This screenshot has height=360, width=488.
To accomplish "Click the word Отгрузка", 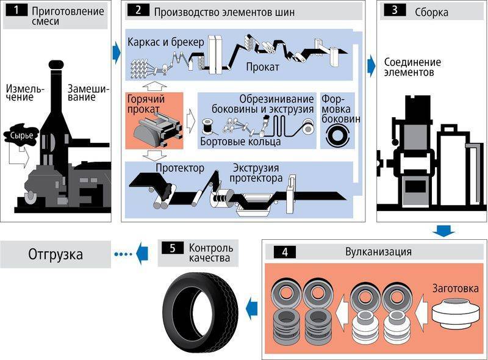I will [x=56, y=254].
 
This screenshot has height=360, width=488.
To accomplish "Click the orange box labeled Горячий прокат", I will [x=154, y=120].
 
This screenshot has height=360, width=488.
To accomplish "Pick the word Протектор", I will [x=180, y=168].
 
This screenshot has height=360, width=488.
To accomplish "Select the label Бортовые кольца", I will [x=240, y=143].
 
